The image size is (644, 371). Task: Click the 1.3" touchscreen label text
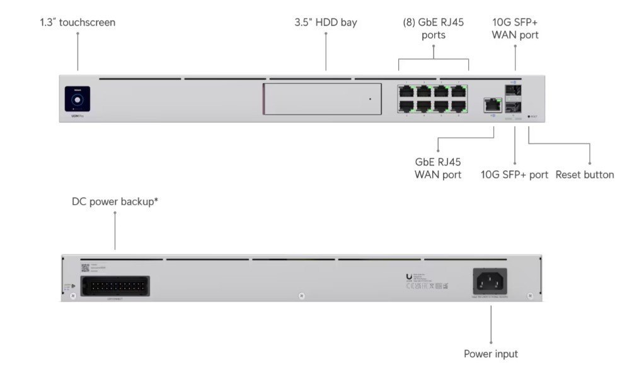coord(78,23)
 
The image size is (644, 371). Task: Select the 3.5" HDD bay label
coord(326,23)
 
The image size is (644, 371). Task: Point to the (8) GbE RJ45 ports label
coord(434,29)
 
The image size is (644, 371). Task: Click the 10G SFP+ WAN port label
coord(515,29)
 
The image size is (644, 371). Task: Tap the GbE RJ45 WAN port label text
coord(438,168)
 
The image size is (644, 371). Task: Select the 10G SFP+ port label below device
coord(514,174)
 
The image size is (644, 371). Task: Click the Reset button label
coord(585,174)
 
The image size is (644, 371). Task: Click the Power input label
coord(491,354)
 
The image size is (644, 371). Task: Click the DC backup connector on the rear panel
coord(115,285)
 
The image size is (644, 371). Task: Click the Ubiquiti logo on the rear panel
coord(410,277)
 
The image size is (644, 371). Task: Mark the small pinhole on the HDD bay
coord(371,100)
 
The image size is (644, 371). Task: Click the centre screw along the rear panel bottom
coord(302,296)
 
